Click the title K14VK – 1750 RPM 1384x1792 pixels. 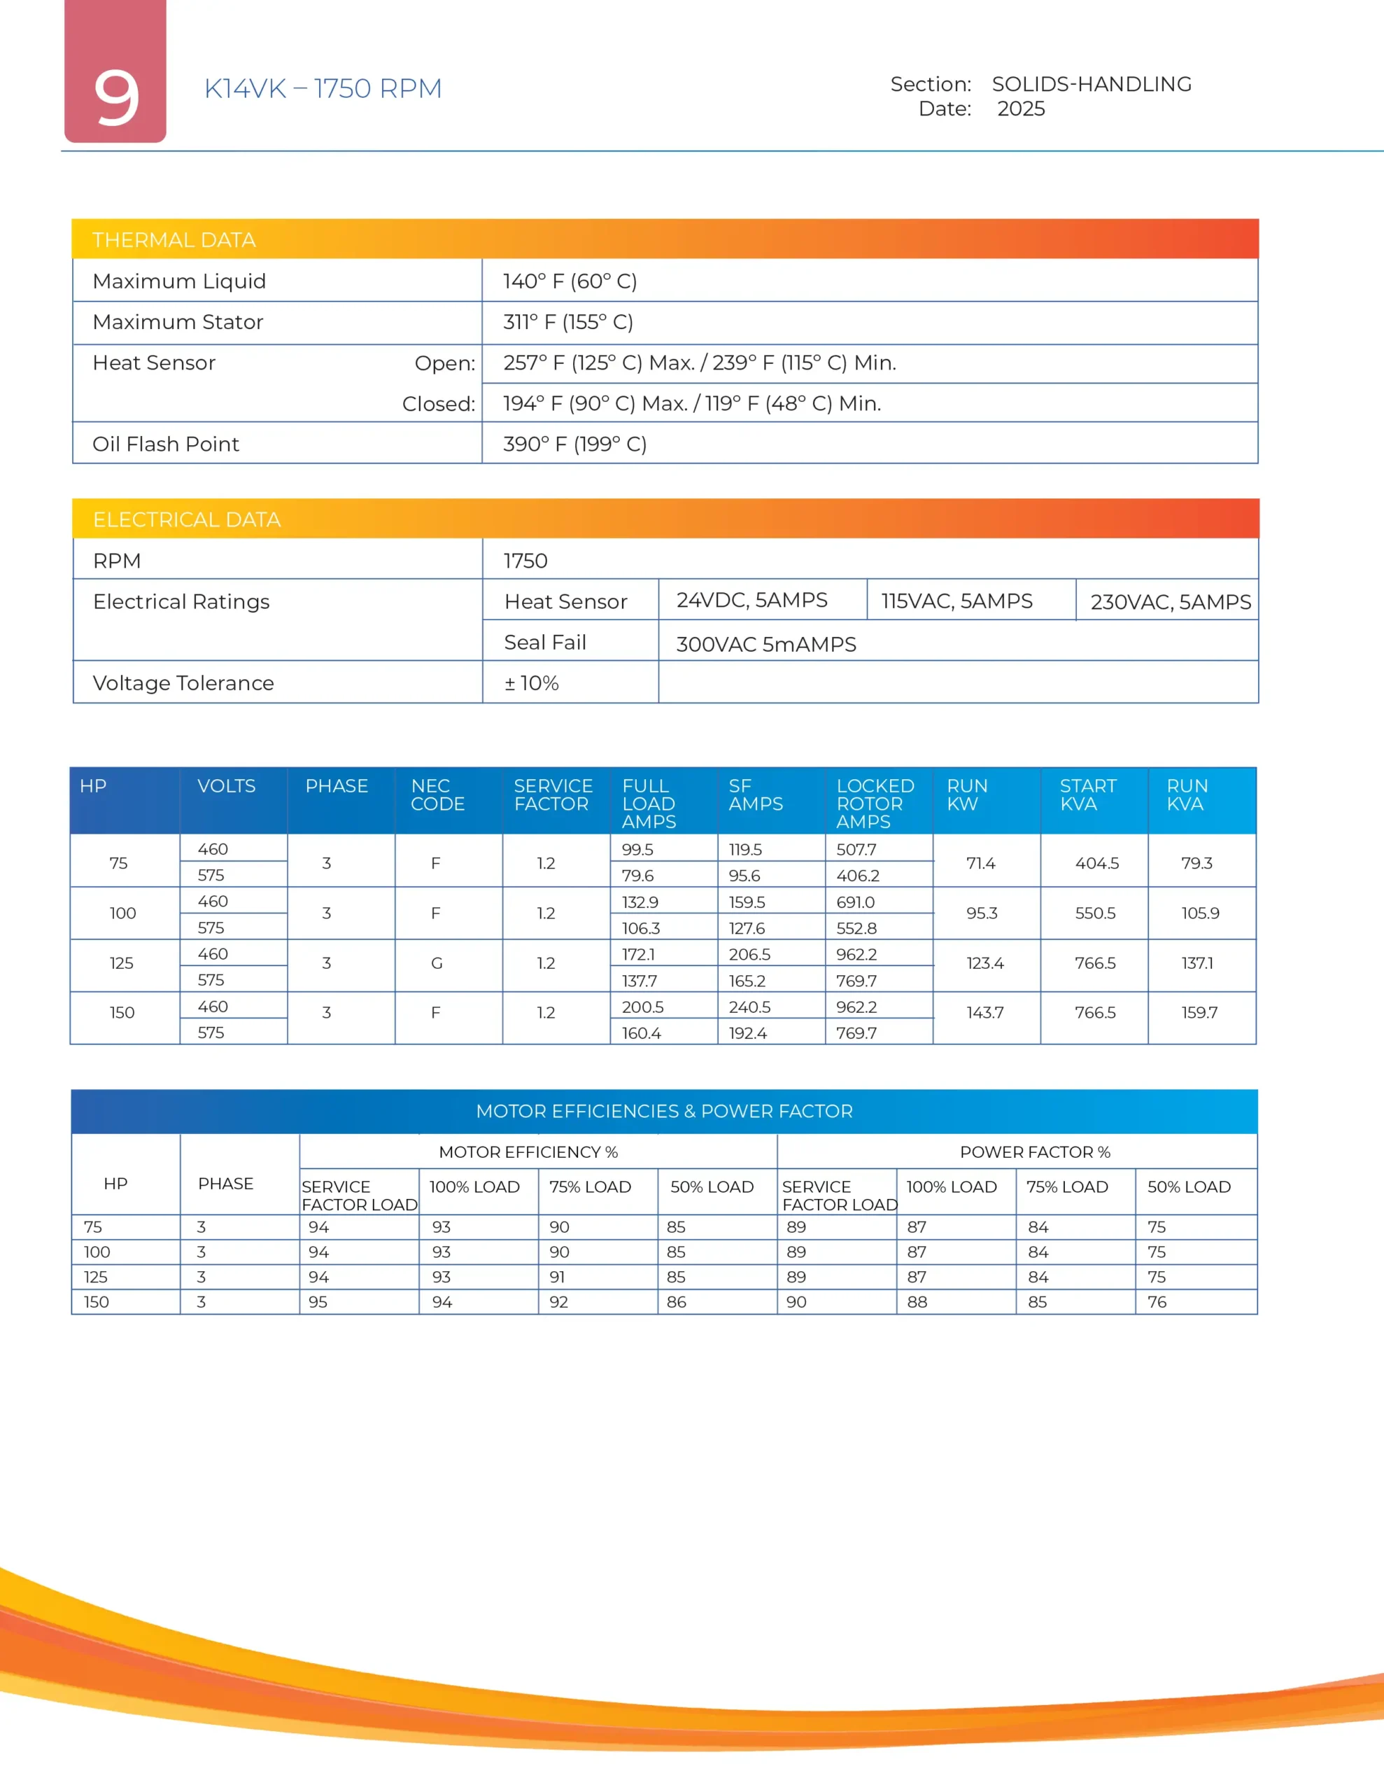click(x=323, y=89)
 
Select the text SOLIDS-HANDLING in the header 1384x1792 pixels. click(x=1091, y=84)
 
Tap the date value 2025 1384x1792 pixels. click(x=1021, y=109)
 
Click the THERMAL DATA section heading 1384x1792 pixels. click(x=174, y=239)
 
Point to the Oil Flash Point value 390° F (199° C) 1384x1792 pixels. click(x=574, y=444)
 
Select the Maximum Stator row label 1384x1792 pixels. click(x=178, y=321)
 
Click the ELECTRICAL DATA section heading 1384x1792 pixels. click(x=186, y=519)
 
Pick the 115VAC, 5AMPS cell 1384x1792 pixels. click(x=956, y=601)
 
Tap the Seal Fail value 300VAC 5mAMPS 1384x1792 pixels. click(x=765, y=644)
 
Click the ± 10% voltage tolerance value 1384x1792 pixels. click(x=532, y=682)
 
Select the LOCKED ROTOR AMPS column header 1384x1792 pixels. click(x=875, y=804)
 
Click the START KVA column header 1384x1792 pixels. click(x=1087, y=794)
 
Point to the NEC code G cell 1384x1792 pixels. click(x=437, y=963)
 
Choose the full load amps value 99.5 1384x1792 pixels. click(x=637, y=849)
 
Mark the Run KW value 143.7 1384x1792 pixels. click(x=984, y=1012)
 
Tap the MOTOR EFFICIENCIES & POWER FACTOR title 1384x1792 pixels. click(x=664, y=1111)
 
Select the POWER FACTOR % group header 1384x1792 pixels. click(x=1035, y=1152)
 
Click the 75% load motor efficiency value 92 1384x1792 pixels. click(x=558, y=1302)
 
